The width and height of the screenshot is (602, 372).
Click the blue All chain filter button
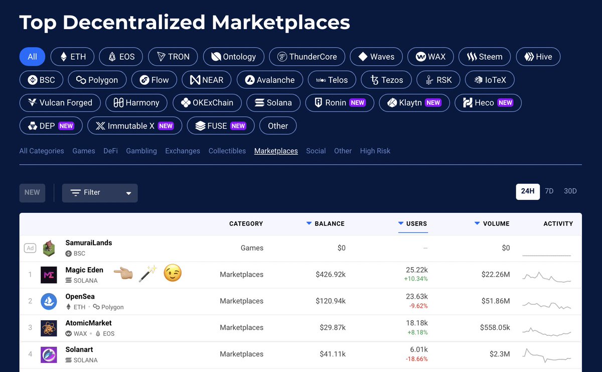[x=32, y=57]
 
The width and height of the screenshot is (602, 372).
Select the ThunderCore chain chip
[x=307, y=57]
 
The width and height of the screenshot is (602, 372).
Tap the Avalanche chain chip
[x=270, y=80]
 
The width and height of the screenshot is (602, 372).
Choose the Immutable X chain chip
[x=134, y=126]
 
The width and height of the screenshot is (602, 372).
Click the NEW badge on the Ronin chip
[x=357, y=102]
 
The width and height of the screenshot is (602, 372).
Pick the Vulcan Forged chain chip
[x=60, y=102]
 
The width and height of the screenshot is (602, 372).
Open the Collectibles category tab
[x=227, y=151]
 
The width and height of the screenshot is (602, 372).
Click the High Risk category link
[x=375, y=151]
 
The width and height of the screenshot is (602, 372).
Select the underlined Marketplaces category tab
[x=276, y=151]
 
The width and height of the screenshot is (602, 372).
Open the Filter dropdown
[x=100, y=193]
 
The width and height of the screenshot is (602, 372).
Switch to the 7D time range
[x=549, y=191]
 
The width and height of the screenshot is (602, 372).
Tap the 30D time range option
[x=570, y=191]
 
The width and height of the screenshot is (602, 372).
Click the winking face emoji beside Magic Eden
[x=173, y=273]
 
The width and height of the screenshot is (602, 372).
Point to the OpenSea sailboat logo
[x=49, y=301]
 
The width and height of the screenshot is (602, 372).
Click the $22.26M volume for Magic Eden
[x=496, y=275]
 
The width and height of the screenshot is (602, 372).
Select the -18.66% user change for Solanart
[x=416, y=359]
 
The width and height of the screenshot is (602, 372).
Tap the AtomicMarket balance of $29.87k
[x=333, y=327]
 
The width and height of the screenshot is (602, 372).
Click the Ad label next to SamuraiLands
[x=30, y=248]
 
